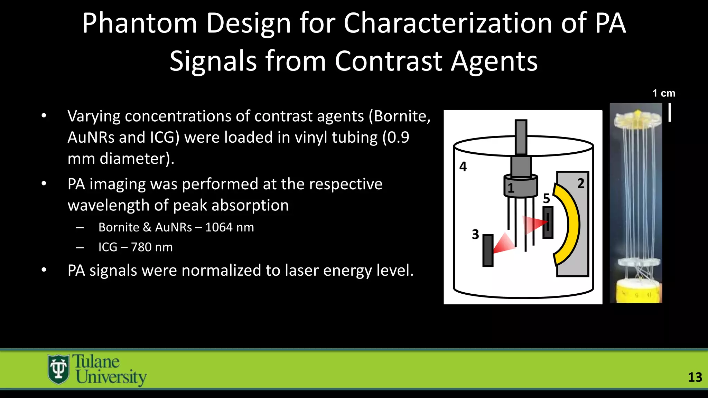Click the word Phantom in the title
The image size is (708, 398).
[139, 23]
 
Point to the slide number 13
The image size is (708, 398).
[695, 377]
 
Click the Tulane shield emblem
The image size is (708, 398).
[58, 369]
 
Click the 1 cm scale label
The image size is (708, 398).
[663, 93]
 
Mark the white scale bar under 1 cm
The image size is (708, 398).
[670, 113]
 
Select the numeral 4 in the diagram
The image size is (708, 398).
[463, 167]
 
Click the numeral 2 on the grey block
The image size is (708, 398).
[581, 183]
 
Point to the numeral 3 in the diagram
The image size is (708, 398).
[475, 235]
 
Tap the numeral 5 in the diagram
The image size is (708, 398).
[546, 199]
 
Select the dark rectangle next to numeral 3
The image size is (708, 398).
[488, 250]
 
